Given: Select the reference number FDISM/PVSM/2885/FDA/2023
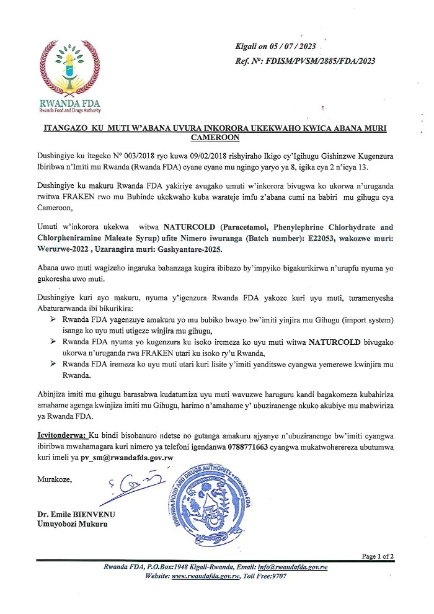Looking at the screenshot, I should tap(318, 61).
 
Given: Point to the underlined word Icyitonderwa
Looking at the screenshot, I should tap(60, 438).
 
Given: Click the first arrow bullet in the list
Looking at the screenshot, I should tap(52, 319).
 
